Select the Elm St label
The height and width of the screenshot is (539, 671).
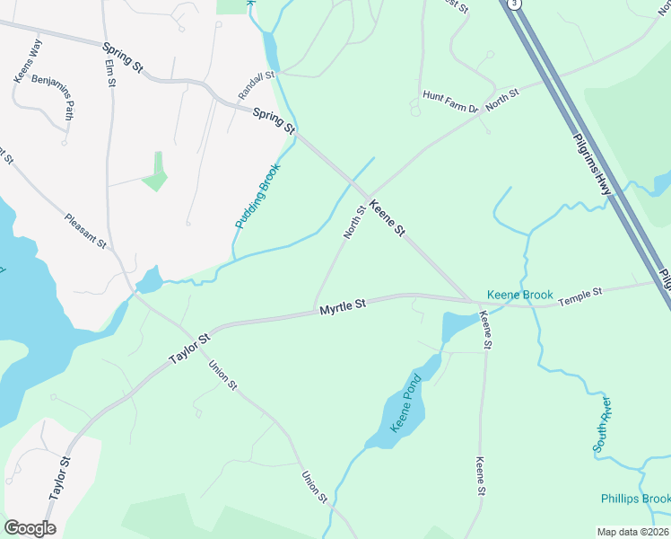(110, 72)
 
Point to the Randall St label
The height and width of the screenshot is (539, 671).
(256, 85)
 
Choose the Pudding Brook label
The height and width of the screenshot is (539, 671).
(258, 194)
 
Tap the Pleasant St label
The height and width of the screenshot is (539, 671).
(85, 231)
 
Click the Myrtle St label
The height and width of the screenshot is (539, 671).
(344, 307)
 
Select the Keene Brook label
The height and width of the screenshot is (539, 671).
(520, 295)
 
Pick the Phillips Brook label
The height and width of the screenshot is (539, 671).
(635, 499)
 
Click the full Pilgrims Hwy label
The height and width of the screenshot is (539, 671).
(593, 161)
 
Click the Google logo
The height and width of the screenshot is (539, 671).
(30, 528)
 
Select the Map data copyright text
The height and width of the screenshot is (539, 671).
(633, 532)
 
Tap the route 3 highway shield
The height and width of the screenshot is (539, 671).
(513, 4)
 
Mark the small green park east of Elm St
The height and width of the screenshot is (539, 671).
(156, 172)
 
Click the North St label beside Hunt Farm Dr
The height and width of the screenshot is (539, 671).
(502, 99)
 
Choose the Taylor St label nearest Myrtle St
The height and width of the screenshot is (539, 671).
(191, 349)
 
